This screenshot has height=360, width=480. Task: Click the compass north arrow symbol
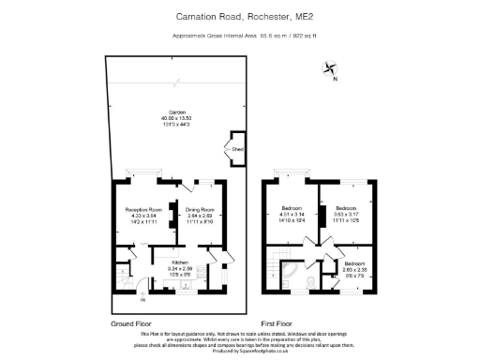[x=329, y=66]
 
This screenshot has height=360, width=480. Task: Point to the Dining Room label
[x=200, y=209]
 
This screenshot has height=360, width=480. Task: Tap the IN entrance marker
[x=143, y=300]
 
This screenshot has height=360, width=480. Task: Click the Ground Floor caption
[x=132, y=322]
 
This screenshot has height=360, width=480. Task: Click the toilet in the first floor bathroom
[x=289, y=279]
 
